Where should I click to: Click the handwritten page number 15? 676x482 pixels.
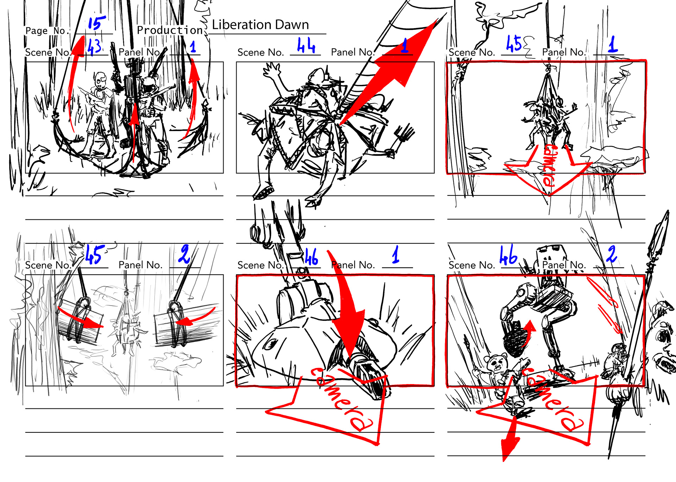click(x=96, y=23)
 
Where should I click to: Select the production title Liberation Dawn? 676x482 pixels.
click(x=260, y=25)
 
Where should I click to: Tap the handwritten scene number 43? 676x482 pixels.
click(x=94, y=47)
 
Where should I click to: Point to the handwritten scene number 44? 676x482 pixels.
click(x=306, y=45)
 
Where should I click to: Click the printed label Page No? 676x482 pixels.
click(x=46, y=31)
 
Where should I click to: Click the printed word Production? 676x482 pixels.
click(x=170, y=30)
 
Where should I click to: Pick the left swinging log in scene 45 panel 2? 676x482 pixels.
click(x=80, y=321)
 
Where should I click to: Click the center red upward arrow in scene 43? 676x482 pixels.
click(x=134, y=130)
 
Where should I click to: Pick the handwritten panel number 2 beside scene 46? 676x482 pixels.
click(x=612, y=254)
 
